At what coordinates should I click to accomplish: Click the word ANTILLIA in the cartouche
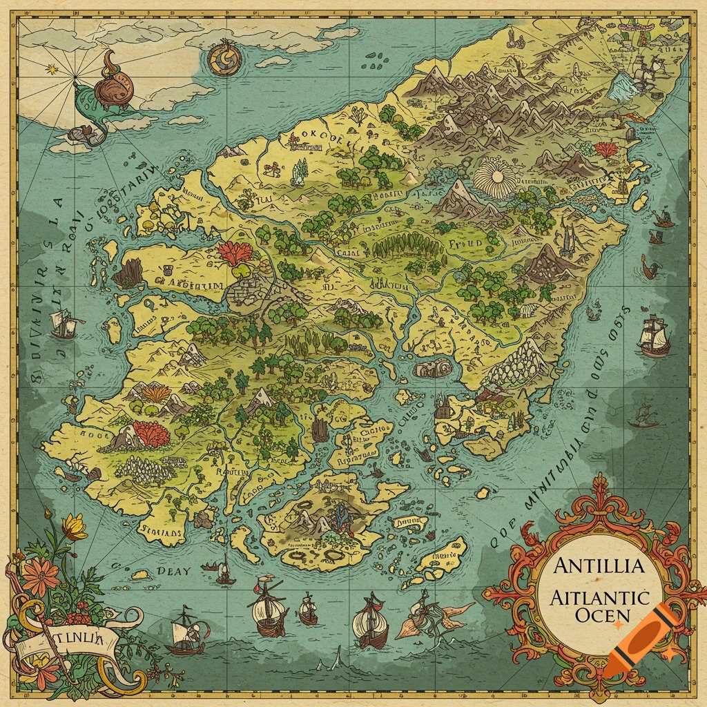point(599,566)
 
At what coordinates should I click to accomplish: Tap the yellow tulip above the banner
point(75,527)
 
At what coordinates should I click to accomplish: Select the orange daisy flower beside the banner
point(41,574)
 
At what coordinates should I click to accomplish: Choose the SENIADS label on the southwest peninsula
point(162,532)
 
